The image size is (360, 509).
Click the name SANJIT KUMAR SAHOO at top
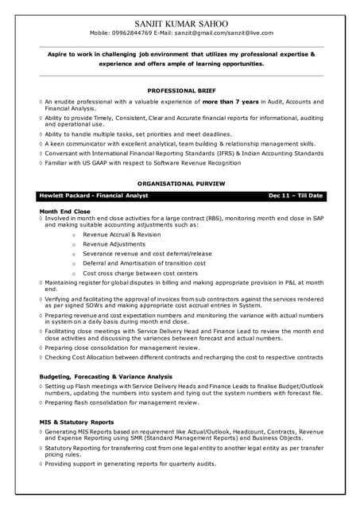tap(180, 22)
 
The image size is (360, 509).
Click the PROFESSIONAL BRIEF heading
tap(180, 91)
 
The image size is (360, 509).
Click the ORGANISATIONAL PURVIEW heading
tap(180, 183)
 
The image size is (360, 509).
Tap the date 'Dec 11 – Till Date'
tap(295, 196)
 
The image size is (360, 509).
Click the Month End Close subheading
tap(64, 211)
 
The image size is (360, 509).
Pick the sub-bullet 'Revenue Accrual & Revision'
tap(122, 235)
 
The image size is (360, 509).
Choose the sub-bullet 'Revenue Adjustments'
tap(114, 244)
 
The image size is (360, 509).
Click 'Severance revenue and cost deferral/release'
tap(147, 254)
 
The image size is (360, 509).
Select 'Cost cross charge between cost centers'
tap(141, 273)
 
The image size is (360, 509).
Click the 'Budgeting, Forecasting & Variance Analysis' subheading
tap(106, 376)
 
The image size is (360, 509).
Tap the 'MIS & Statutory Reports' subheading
tap(76, 422)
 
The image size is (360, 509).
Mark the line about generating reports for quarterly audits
tap(130, 463)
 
